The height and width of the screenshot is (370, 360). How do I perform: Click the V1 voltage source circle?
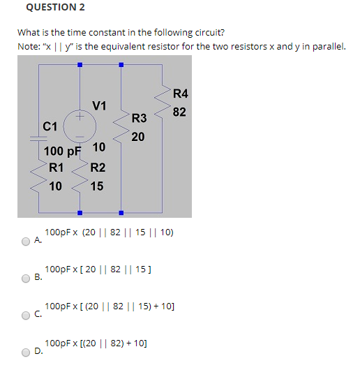80,126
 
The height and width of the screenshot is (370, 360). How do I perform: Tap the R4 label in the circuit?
180,94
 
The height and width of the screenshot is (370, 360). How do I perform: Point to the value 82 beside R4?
179,112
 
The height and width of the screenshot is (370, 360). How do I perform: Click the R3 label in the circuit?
139,118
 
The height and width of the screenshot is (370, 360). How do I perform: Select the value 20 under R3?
138,137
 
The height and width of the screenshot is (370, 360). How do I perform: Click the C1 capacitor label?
50,126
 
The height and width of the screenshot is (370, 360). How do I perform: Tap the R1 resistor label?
57,168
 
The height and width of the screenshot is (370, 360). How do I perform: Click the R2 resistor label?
98,168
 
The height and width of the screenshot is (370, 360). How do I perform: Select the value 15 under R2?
97,186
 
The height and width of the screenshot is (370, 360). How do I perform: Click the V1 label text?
99,106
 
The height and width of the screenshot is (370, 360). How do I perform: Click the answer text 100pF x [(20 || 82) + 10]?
95,343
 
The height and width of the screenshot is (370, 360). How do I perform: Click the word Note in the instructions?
29,46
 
